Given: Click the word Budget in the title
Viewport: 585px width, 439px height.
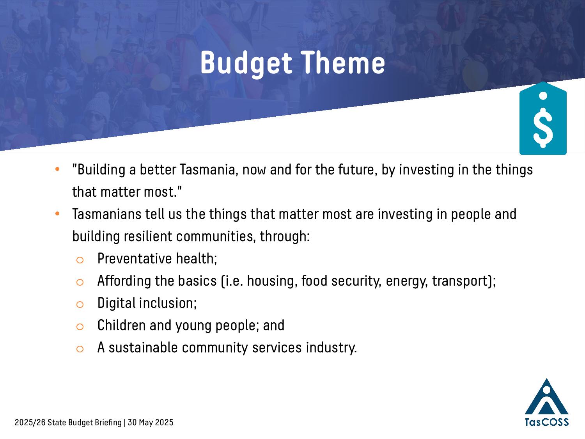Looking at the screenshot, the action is click(x=246, y=64).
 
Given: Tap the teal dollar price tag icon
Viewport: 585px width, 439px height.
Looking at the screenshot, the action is click(x=543, y=118).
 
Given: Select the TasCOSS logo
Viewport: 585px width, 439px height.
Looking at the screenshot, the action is click(x=547, y=403).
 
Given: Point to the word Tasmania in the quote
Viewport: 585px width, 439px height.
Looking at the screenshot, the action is click(x=207, y=169).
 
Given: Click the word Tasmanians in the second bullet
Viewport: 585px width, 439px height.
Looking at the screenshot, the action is click(x=106, y=214).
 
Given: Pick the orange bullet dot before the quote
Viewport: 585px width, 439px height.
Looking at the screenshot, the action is click(x=57, y=169).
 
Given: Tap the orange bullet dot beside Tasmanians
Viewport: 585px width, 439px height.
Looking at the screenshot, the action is click(x=57, y=213).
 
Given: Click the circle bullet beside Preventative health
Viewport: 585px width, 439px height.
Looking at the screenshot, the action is click(x=80, y=260).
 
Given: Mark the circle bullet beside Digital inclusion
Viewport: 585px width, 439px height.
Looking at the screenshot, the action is click(x=80, y=304).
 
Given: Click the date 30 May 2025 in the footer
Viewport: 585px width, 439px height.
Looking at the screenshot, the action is click(x=151, y=423).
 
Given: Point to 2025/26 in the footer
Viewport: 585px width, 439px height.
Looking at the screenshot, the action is click(x=30, y=423).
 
